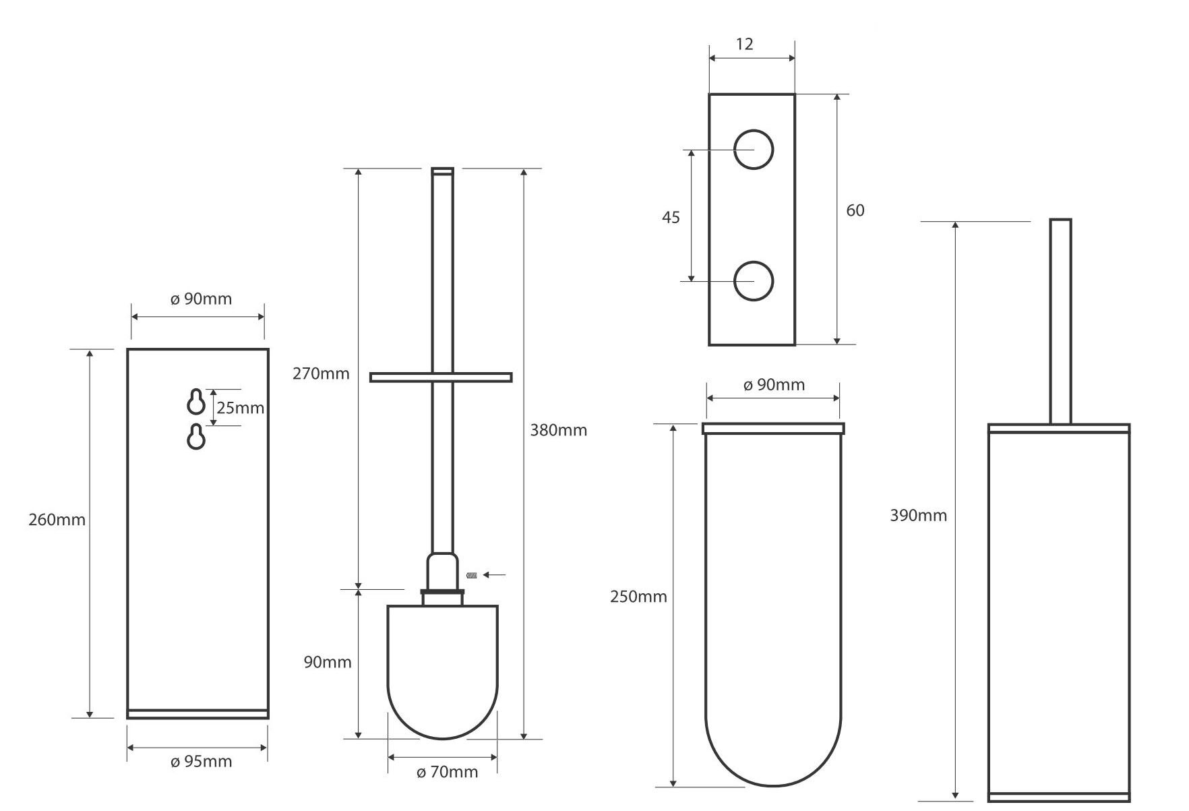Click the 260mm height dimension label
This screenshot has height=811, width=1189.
57,520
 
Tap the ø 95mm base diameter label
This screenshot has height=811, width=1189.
201,762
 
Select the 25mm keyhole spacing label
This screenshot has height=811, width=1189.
240,408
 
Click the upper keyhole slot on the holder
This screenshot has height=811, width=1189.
196,402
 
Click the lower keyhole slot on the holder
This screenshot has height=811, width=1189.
196,437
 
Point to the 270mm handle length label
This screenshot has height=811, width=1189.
321,373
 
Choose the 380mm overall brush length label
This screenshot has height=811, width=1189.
558,430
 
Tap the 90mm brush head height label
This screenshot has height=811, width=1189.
328,662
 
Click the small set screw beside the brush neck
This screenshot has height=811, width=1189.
472,575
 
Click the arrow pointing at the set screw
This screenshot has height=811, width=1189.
495,575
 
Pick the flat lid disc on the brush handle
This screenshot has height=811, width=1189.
441,378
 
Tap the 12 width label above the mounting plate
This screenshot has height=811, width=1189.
744,44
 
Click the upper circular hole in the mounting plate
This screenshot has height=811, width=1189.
753,150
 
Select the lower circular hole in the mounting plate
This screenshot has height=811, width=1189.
753,281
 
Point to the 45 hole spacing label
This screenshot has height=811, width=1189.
671,218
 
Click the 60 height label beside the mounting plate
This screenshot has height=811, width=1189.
855,211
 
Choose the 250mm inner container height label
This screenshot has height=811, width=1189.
638,597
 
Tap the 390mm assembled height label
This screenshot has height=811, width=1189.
918,516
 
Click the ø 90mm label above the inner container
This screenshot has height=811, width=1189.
774,385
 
